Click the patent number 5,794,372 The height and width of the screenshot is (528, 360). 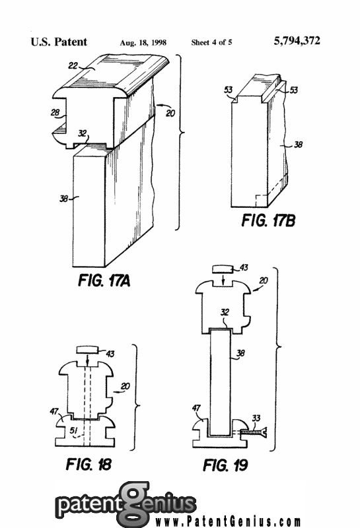tap(297, 41)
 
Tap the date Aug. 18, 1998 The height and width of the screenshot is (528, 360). tap(143, 42)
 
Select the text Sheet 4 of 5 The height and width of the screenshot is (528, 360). tap(211, 42)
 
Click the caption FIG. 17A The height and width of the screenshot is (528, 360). tap(104, 280)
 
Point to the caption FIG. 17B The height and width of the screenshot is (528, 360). tap(268, 221)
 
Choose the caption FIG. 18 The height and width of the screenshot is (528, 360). tap(89, 465)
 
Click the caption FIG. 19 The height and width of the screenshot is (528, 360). tap(225, 465)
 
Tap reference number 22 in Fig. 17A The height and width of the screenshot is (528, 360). tap(73, 65)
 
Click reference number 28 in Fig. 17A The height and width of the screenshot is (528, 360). tap(55, 112)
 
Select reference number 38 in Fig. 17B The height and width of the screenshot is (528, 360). tap(299, 145)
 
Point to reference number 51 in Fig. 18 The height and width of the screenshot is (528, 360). tap(74, 431)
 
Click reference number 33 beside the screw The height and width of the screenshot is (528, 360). tap(256, 418)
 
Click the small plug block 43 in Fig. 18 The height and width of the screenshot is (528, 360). tap(87, 349)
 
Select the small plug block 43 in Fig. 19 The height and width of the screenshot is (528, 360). tap(223, 269)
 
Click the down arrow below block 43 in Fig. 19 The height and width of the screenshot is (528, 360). tap(223, 279)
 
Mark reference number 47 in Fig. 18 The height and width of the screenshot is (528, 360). tap(54, 411)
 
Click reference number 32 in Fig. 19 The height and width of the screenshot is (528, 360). tap(225, 312)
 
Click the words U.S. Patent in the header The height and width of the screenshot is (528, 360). tap(59, 42)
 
